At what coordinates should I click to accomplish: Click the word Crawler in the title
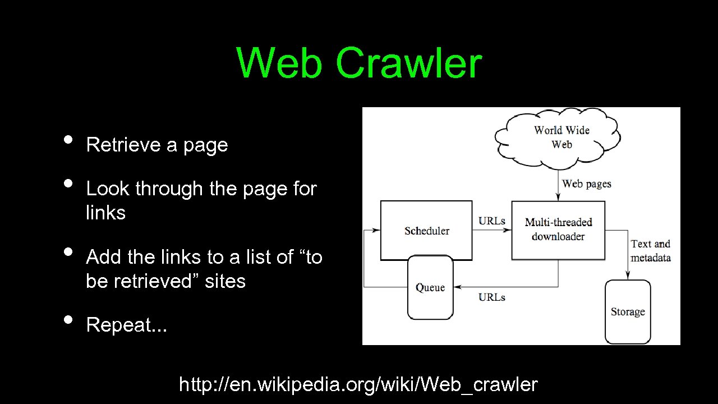[x=408, y=63]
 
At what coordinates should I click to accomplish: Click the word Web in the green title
[x=279, y=63]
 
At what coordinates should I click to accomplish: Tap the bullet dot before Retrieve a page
[x=68, y=139]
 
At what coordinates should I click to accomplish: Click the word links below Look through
[x=105, y=213]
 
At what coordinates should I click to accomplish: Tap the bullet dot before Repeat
[x=68, y=319]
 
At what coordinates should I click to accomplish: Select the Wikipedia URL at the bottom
[x=358, y=384]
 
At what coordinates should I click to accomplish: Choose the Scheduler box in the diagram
[x=426, y=231]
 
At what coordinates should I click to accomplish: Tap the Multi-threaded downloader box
[x=558, y=229]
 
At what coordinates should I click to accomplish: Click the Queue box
[x=430, y=288]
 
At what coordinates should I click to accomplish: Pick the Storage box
[x=628, y=312]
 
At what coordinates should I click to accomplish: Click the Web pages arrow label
[x=586, y=183]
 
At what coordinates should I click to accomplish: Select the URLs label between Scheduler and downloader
[x=492, y=221]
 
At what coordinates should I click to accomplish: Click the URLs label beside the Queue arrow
[x=492, y=297]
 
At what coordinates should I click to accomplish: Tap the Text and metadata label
[x=650, y=251]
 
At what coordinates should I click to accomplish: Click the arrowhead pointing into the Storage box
[x=628, y=276]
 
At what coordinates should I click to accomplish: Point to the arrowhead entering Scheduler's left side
[x=376, y=230]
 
